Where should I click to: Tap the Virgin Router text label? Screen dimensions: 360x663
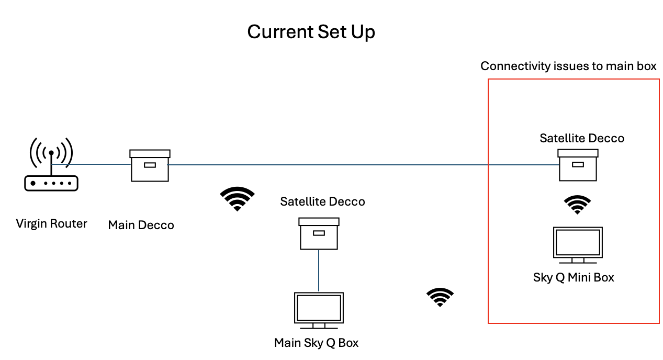[51, 224]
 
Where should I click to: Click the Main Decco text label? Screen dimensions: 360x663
[141, 226]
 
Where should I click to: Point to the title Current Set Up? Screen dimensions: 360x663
[311, 32]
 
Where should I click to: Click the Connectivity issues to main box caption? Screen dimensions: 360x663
[568, 66]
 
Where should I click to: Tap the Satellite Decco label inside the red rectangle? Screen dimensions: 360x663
[582, 139]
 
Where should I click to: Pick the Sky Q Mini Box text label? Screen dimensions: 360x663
[574, 277]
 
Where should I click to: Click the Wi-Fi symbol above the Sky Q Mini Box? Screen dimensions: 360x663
[577, 205]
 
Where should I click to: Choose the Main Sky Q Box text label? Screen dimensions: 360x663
[316, 343]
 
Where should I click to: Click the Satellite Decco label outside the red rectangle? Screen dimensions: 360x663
[322, 202]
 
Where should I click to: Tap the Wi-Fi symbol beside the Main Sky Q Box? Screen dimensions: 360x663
[440, 297]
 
